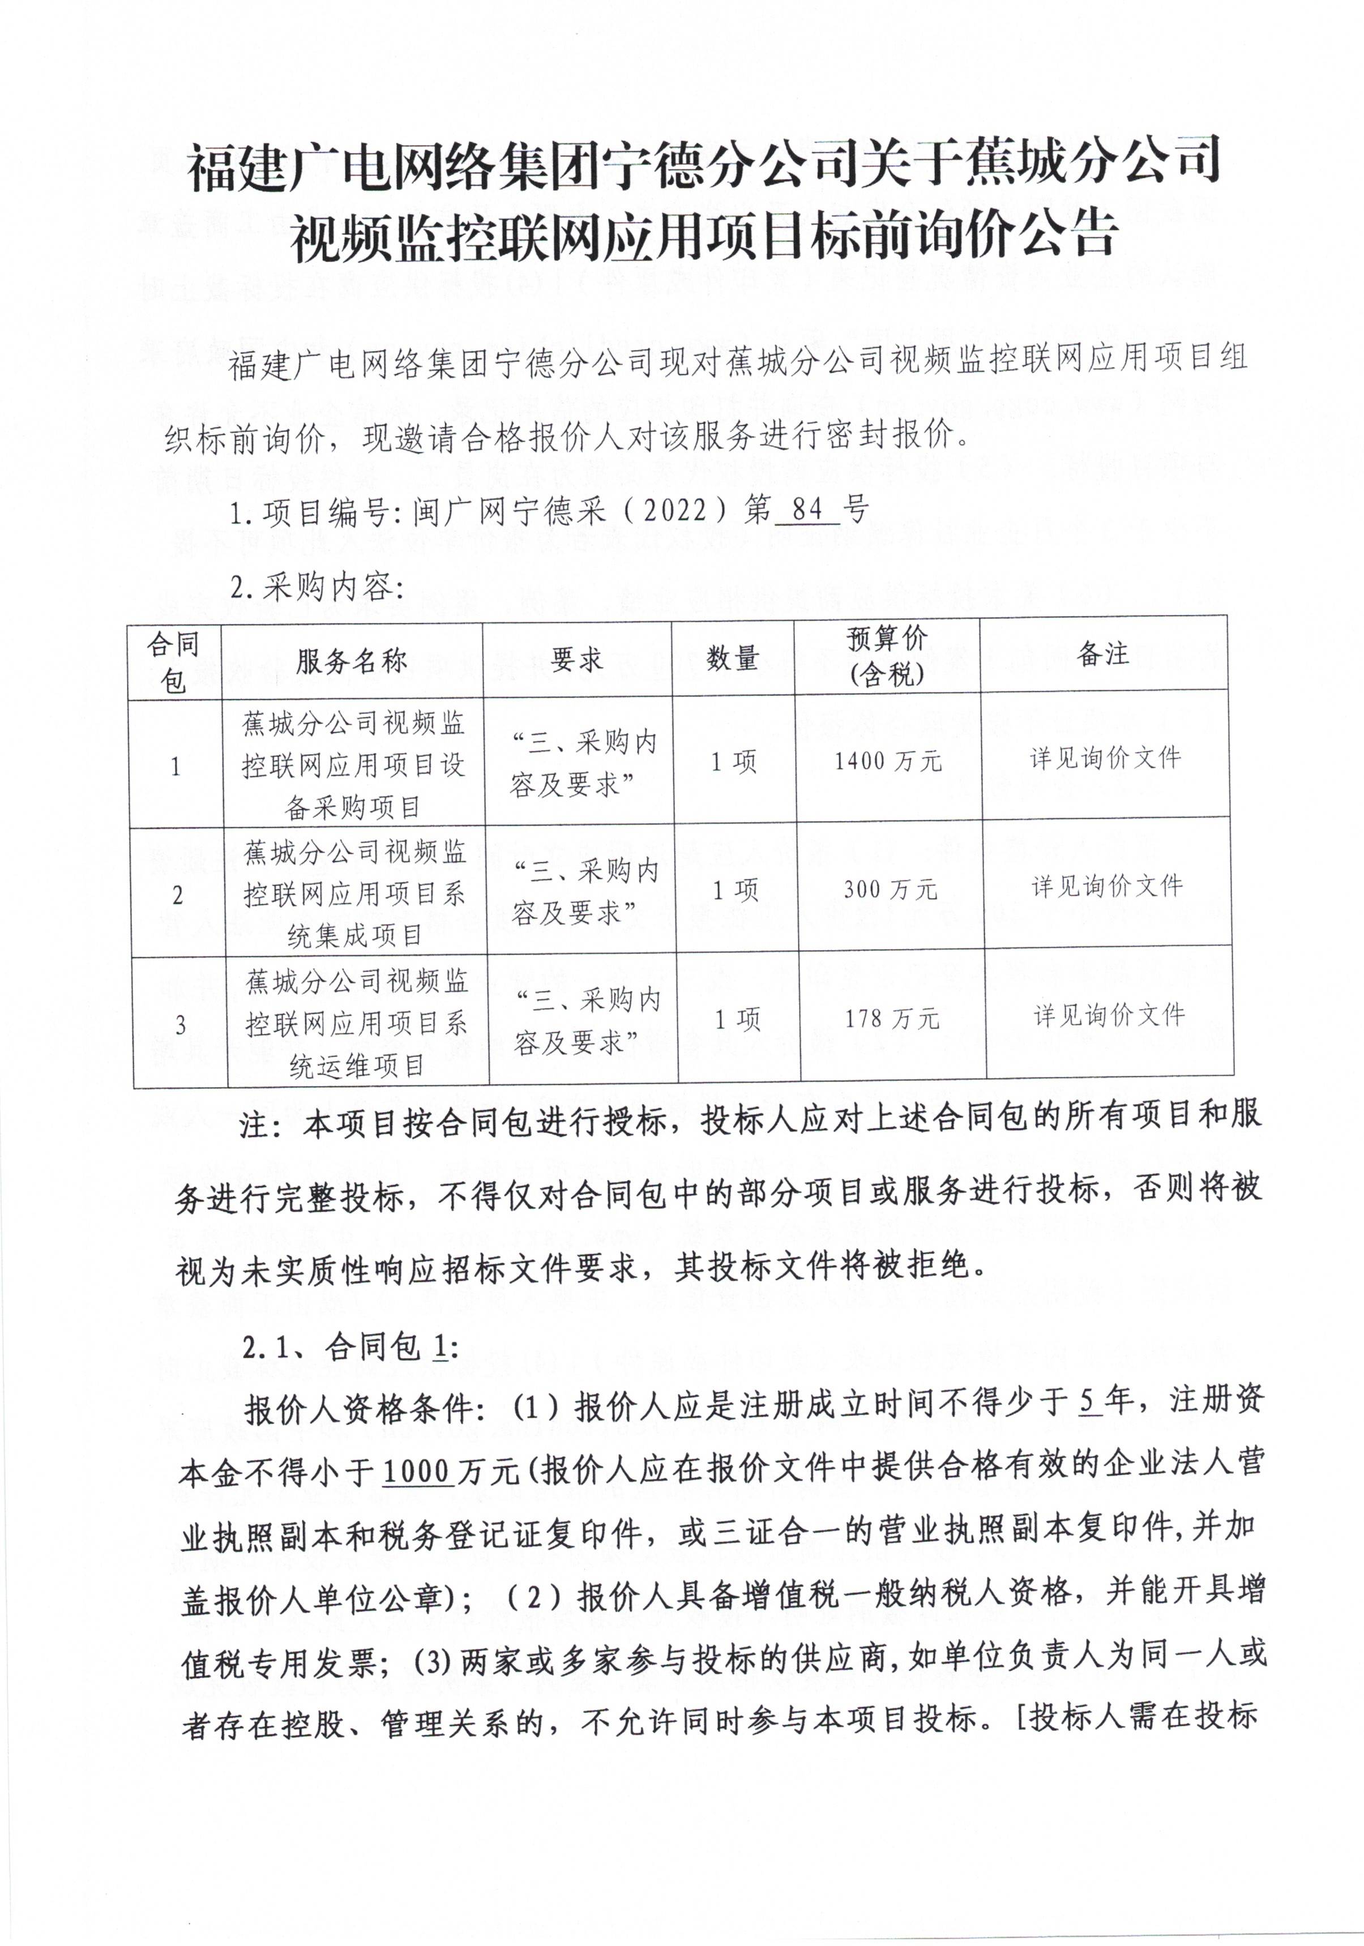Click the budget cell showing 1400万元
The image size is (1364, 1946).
[x=887, y=760]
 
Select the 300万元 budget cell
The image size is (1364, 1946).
[x=890, y=888]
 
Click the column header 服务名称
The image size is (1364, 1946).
[x=351, y=661]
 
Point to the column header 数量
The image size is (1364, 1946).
[x=732, y=658]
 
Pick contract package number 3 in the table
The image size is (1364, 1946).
[x=179, y=1025]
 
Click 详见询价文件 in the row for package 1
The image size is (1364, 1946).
[x=1105, y=758]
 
